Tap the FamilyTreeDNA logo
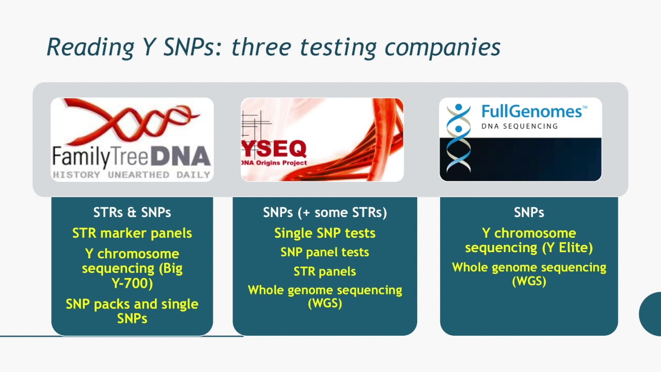click(x=132, y=139)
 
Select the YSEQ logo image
click(x=322, y=139)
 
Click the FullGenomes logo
click(x=520, y=139)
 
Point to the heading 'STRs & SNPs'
click(x=132, y=212)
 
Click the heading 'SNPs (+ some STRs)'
click(x=325, y=212)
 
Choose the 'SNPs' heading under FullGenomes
click(x=529, y=212)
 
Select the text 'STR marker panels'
click(x=132, y=233)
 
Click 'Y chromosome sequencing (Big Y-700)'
click(x=132, y=268)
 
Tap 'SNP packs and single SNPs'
click(x=132, y=311)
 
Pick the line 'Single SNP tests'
click(x=325, y=233)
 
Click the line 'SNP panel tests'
click(x=325, y=252)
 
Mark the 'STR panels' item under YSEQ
click(x=325, y=271)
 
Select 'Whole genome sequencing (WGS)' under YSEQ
click(x=325, y=296)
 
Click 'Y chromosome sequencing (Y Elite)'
click(x=529, y=240)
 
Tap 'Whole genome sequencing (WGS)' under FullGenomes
click(x=529, y=274)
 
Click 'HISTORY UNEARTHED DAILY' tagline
click(x=132, y=175)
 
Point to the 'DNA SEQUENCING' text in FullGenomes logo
click(x=520, y=126)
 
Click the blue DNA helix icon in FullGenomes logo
click(x=459, y=137)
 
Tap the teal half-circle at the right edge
click(x=651, y=314)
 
